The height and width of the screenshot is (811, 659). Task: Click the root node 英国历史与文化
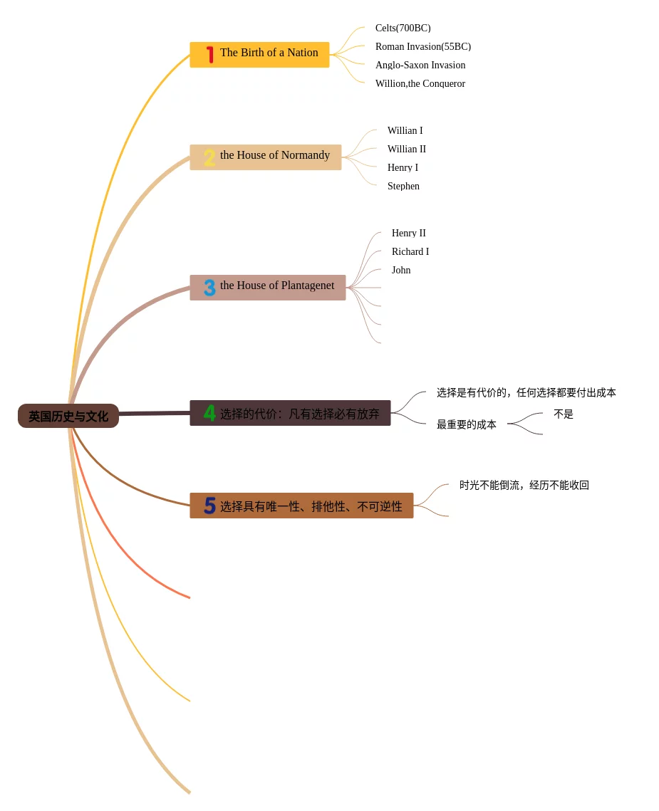tap(68, 416)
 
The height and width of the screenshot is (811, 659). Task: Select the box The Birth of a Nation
tap(269, 54)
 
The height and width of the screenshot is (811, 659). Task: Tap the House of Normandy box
tap(274, 157)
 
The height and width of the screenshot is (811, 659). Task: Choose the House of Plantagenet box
tap(276, 287)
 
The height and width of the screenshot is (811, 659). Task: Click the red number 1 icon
tap(209, 54)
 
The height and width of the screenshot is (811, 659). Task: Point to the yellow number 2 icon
tap(209, 157)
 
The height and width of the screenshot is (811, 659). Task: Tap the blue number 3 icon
tap(209, 288)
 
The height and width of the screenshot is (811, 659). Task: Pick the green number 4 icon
tap(209, 413)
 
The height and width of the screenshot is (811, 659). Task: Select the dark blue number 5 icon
tap(209, 506)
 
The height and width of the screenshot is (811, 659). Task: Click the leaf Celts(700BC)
tap(403, 28)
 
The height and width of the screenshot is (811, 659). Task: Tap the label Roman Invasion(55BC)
tap(422, 47)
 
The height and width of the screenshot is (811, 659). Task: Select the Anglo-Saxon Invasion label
tap(420, 66)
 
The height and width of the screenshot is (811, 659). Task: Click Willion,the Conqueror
tap(420, 84)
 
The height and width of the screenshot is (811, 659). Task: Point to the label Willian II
tap(406, 150)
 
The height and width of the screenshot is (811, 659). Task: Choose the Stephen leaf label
tap(403, 187)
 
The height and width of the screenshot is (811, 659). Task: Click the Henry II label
tap(408, 234)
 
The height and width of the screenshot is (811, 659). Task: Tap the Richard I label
tap(410, 252)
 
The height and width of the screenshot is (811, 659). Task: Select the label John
tap(400, 271)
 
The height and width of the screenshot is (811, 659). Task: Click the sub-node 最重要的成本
tap(466, 424)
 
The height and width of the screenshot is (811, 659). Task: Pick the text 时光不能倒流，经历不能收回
tap(524, 486)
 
